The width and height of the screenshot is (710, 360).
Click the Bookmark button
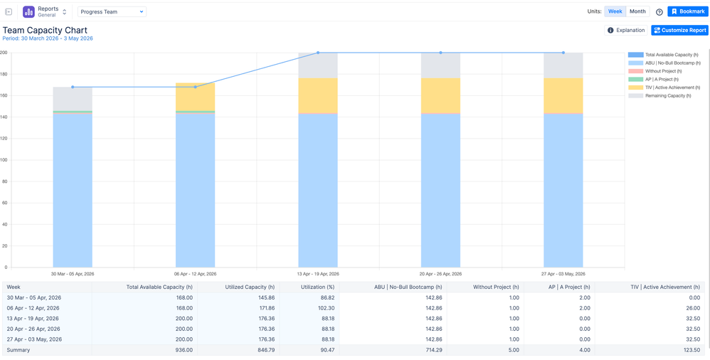tap(687, 11)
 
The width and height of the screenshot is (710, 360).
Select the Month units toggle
tap(637, 11)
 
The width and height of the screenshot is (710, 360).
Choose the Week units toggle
tap(615, 11)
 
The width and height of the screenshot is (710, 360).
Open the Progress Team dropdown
tap(112, 12)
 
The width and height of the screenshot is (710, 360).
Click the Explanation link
tap(626, 31)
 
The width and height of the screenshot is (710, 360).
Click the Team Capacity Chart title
tap(45, 30)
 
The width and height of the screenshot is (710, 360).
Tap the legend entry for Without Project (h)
tap(663, 71)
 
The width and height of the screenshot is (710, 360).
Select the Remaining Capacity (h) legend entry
tap(667, 95)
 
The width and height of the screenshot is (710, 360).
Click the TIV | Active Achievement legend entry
tap(672, 88)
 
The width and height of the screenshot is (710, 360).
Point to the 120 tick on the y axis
tap(4, 138)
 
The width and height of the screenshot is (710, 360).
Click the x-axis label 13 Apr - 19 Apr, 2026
tap(318, 274)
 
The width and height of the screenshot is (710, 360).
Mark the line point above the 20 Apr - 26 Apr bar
tap(440, 53)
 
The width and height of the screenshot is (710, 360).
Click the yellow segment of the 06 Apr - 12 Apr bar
tap(195, 97)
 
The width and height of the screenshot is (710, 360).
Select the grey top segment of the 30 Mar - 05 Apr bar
tap(73, 98)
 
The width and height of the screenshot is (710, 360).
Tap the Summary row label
tap(18, 350)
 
